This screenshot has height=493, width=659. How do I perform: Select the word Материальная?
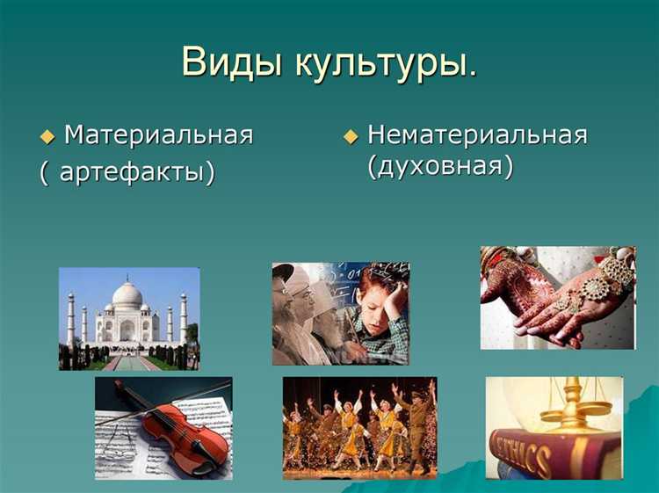tap(159, 135)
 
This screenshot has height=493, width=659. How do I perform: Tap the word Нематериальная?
tap(476, 135)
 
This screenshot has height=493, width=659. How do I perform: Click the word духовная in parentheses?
tap(440, 166)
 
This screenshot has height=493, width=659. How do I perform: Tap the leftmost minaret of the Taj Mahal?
tap(70, 318)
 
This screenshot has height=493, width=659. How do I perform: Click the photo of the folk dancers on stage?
tap(359, 428)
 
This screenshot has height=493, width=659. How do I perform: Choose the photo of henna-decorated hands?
tap(557, 297)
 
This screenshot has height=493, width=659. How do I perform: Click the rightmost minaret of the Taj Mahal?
tap(184, 317)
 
